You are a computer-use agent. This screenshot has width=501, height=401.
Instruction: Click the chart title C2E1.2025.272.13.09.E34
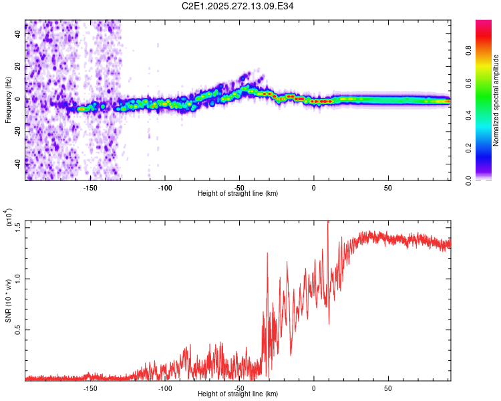pyautogui.click(x=238, y=7)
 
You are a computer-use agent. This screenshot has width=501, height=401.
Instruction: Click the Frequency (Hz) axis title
pyautogui.click(x=8, y=100)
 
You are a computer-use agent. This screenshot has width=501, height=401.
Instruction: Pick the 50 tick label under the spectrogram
pyautogui.click(x=388, y=188)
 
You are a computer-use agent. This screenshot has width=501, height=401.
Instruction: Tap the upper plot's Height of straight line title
pyautogui.click(x=238, y=194)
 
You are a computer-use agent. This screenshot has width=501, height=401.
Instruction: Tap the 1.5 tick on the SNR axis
pyautogui.click(x=18, y=227)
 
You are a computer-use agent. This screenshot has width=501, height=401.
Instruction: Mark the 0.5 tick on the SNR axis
pyautogui.click(x=18, y=330)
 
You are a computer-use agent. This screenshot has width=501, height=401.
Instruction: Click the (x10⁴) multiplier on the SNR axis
pyautogui.click(x=8, y=218)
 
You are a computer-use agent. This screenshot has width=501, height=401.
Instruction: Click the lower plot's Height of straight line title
pyautogui.click(x=238, y=394)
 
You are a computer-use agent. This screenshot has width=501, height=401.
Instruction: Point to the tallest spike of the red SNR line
pyautogui.click(x=328, y=223)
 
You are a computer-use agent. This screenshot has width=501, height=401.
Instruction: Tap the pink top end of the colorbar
pyautogui.click(x=484, y=24)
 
